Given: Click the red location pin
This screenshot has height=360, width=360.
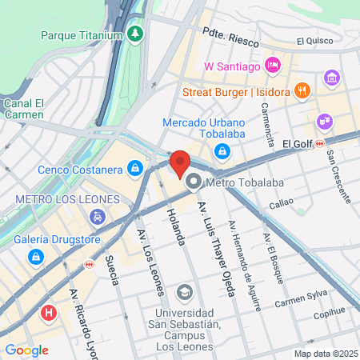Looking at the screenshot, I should [180, 164].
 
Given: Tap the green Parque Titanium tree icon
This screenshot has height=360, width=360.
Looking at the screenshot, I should [136, 34].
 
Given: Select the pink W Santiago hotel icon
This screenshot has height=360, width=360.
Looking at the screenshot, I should [273, 65].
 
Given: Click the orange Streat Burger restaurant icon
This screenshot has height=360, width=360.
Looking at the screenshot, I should [301, 90].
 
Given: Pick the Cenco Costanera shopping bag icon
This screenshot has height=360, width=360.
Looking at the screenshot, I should [136, 169].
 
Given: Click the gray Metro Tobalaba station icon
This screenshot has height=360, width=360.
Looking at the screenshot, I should [193, 182].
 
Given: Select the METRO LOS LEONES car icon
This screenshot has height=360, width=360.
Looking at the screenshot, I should [96, 216].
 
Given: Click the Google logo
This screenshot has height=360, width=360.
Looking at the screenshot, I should [27, 350].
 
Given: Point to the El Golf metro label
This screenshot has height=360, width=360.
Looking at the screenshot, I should [298, 142].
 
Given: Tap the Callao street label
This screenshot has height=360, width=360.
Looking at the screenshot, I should [282, 205].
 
